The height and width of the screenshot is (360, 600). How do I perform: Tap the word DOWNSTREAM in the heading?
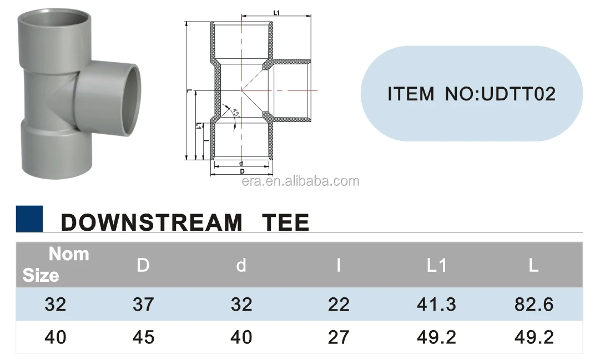coord(152,222)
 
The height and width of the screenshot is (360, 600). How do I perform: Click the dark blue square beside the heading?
coord(29,219)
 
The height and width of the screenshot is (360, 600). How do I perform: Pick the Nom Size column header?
coord(56,264)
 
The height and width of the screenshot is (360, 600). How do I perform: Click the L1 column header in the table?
coord(436,266)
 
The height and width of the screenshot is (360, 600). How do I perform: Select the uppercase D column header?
coord(143,266)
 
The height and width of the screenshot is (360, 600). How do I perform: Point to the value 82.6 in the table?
coord(533,304)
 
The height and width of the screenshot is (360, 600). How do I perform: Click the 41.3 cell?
coord(436,304)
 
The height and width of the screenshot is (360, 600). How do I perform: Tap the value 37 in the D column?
coord(143,304)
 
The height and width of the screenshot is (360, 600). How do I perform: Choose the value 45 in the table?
coord(143,337)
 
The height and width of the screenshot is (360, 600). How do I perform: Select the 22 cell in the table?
coord(339,304)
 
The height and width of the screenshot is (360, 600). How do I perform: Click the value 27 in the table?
coord(339,337)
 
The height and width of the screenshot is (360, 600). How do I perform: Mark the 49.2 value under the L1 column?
coord(436,337)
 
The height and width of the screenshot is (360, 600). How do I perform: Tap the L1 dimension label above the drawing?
coord(278,12)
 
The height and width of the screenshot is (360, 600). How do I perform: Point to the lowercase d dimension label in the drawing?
coord(241,164)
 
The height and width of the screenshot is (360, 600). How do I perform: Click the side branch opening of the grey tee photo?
coord(132,99)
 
